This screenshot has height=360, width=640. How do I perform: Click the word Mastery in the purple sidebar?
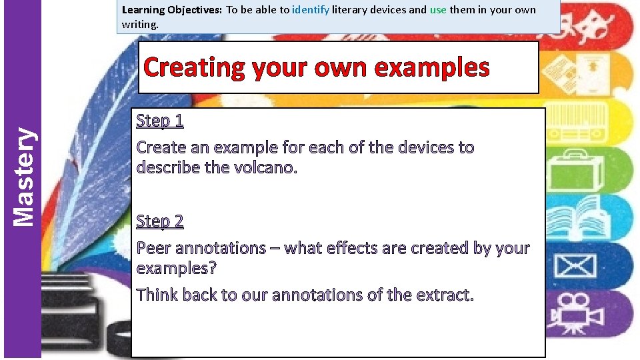24,176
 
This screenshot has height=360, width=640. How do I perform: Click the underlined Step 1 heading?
159,121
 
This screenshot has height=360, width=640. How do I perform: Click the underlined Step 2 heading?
159,221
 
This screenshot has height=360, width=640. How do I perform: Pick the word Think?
157,295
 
